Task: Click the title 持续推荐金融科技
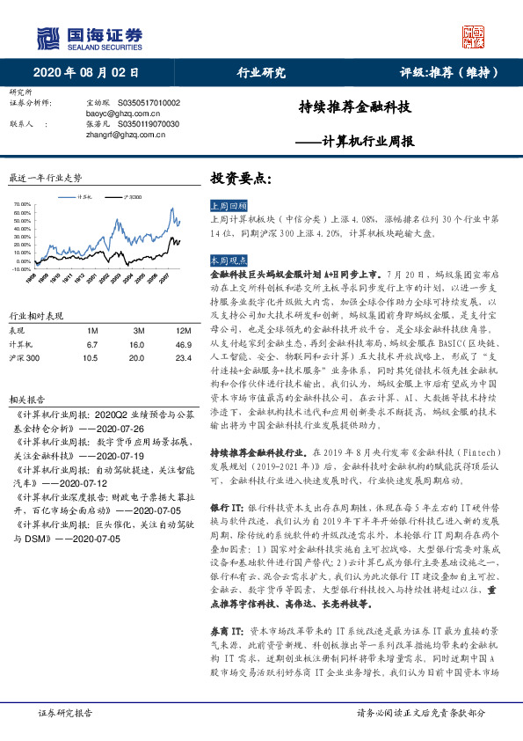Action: (355, 109)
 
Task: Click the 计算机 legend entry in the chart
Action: (85, 198)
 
